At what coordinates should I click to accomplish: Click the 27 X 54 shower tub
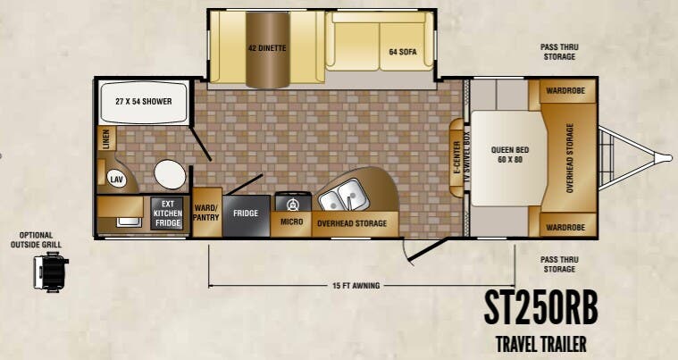[x=144, y=102]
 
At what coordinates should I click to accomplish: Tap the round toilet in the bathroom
[x=170, y=174]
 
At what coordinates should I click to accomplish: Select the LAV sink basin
[x=116, y=180]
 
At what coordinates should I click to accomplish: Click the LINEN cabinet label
[x=106, y=138]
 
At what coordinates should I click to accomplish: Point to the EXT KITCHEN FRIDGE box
[x=167, y=213]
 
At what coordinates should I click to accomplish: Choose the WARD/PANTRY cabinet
[x=206, y=213]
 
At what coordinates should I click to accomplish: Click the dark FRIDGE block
[x=246, y=215]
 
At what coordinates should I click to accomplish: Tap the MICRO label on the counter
[x=291, y=222]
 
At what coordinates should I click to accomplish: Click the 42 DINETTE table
[x=268, y=49]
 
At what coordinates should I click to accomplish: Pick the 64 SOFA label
[x=403, y=52]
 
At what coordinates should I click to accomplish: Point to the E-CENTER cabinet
[x=456, y=158]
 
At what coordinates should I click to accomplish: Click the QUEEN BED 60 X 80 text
[x=510, y=155]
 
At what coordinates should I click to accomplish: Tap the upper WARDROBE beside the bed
[x=565, y=91]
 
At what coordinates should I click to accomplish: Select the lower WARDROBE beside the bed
[x=565, y=227]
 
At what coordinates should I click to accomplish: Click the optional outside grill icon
[x=51, y=272]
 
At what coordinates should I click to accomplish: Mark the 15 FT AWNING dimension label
[x=356, y=285]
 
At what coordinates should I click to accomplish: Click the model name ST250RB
[x=541, y=307]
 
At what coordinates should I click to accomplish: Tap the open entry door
[x=428, y=250]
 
